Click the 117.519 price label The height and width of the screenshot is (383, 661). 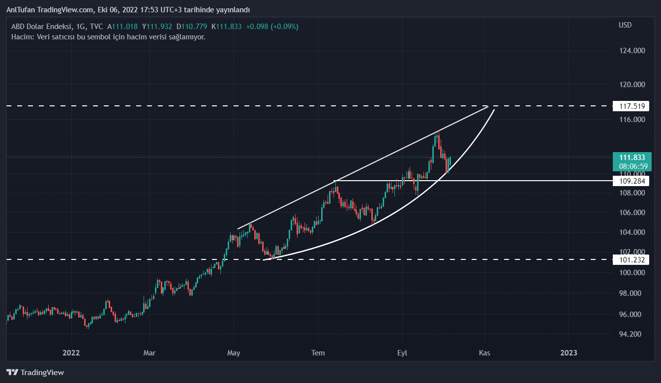[631, 106]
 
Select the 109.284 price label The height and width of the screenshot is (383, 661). [631, 181]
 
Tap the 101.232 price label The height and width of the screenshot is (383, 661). [631, 259]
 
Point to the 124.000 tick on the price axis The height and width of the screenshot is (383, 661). [631, 51]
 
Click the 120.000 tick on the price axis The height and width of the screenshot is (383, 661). [631, 85]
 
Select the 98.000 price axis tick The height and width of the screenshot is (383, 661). [631, 293]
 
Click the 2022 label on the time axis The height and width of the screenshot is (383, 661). [71, 353]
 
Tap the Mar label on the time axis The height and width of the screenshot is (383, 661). [149, 353]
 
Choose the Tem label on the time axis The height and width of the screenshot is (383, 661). [318, 353]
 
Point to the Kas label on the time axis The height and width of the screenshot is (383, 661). [485, 353]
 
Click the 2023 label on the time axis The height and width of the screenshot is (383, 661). [569, 353]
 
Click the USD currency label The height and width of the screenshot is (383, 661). [625, 25]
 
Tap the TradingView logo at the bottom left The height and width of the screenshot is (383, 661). [35, 372]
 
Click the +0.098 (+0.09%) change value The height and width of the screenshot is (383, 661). [272, 27]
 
